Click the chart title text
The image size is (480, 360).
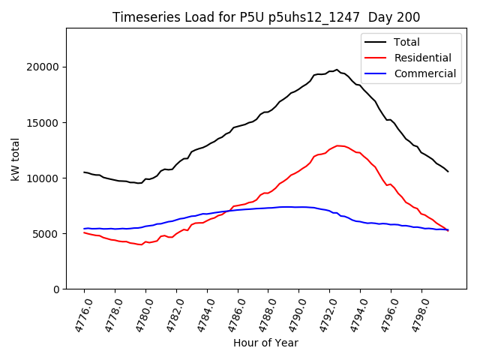click(266, 17)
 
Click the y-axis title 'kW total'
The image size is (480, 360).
click(16, 158)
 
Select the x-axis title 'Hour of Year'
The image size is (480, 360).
click(265, 343)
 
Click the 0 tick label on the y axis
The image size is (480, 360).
click(57, 289)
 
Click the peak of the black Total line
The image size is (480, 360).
click(337, 70)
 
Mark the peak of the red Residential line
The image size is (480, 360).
click(338, 145)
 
